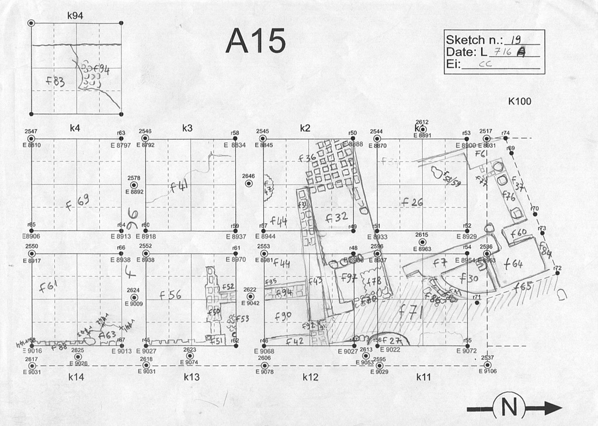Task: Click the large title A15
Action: click(255, 41)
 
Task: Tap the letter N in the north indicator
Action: click(509, 407)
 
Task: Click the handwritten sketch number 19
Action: click(515, 40)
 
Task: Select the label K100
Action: click(520, 101)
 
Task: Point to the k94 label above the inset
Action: click(75, 16)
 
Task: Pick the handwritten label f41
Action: click(179, 187)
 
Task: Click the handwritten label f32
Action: click(337, 217)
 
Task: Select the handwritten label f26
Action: click(412, 202)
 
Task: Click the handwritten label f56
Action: click(170, 295)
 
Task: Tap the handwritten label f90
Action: click(282, 316)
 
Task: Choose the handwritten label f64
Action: click(513, 264)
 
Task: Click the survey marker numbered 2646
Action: click(248, 183)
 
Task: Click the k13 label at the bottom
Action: click(192, 377)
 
